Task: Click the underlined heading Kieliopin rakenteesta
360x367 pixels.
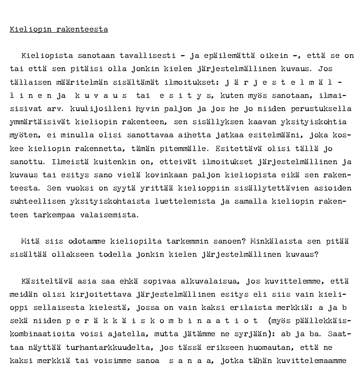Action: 59,29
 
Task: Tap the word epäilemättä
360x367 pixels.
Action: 231,56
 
